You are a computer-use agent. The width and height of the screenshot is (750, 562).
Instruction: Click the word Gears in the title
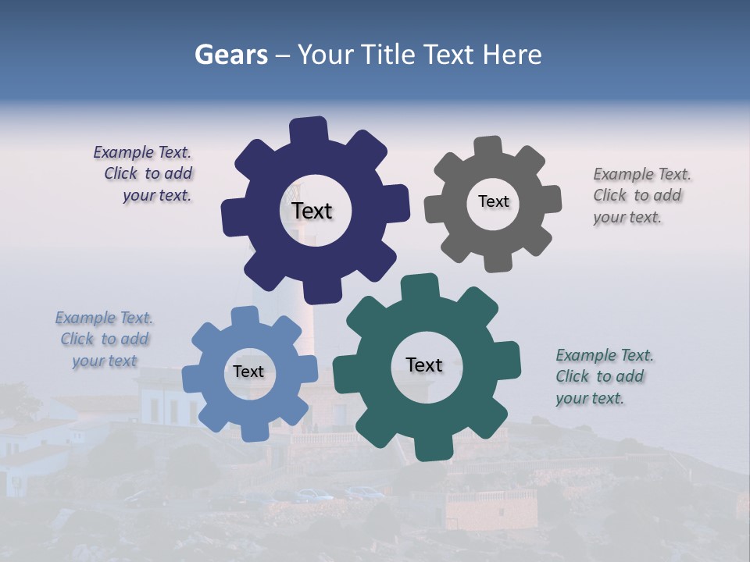click(x=230, y=55)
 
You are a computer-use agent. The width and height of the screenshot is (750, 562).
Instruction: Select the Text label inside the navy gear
click(x=312, y=211)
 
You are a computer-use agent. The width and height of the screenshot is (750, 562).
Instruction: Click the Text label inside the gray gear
click(x=493, y=201)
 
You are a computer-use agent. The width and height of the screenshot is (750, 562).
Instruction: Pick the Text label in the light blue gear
click(x=248, y=372)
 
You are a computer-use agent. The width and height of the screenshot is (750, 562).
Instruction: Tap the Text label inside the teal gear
click(x=424, y=365)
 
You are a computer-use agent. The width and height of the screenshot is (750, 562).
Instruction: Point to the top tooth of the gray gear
click(x=488, y=146)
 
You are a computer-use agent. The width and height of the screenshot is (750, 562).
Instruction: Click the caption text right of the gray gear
click(x=641, y=195)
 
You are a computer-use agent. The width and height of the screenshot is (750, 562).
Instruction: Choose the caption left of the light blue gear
click(x=105, y=339)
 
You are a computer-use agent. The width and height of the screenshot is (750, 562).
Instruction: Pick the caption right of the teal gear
click(x=603, y=376)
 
